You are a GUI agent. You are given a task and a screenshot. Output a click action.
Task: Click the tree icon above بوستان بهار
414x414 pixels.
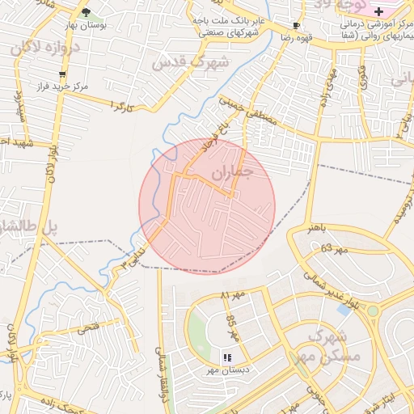point(87,12)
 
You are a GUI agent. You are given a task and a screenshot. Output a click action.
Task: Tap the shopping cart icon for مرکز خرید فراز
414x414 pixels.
point(62,74)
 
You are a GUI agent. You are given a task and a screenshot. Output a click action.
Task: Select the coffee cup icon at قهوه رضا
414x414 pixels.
point(295,25)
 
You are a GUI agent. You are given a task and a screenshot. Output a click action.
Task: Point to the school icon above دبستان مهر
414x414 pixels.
point(227,357)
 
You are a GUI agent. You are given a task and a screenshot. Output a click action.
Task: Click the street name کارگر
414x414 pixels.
point(120,107)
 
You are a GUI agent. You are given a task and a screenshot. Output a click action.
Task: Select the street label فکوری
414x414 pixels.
point(362,80)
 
